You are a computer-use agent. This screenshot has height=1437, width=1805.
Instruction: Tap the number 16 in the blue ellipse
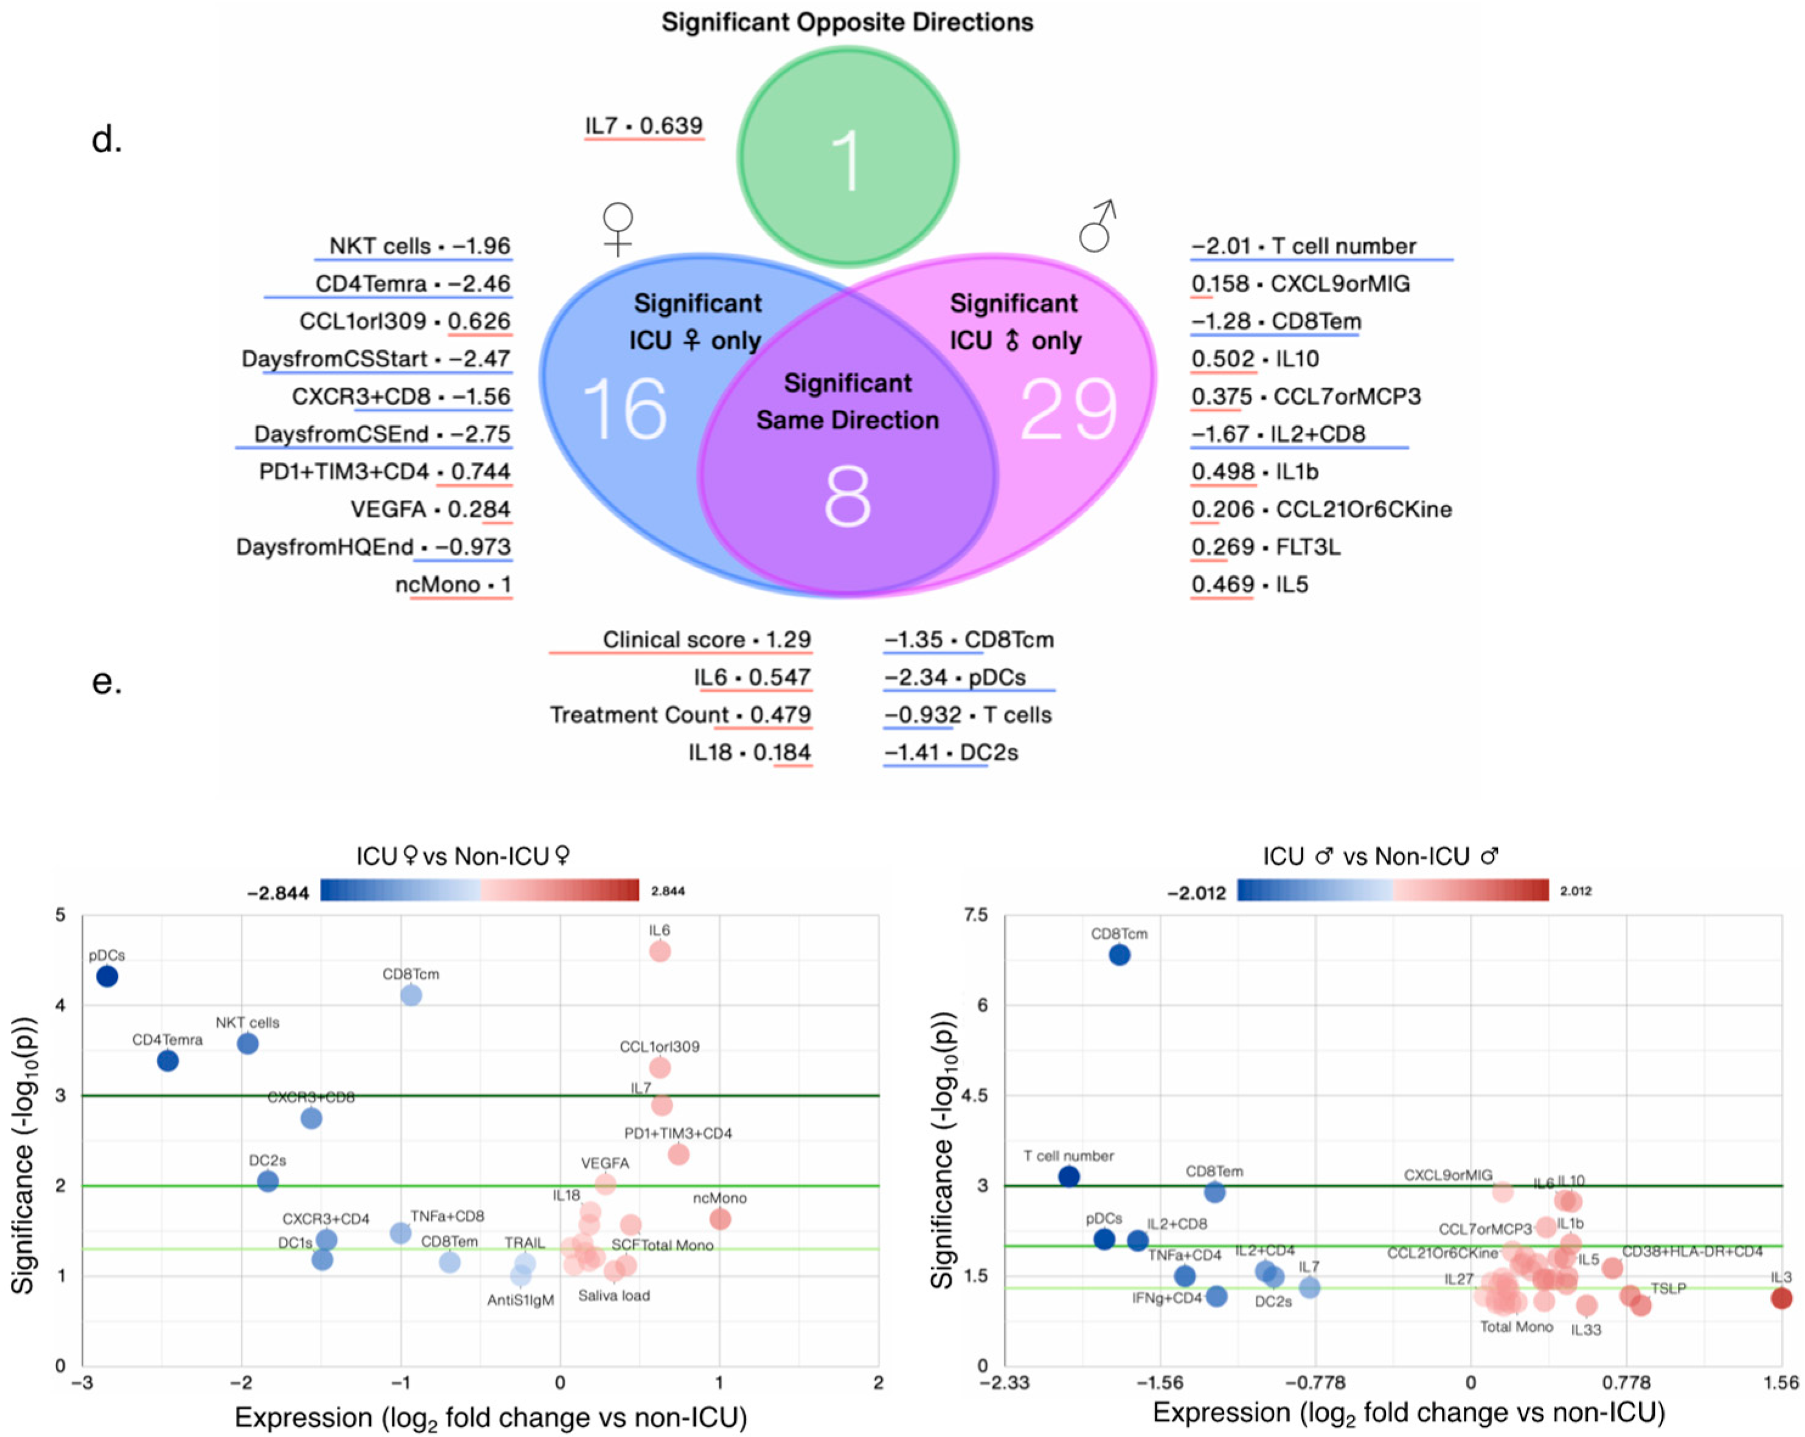pyautogui.click(x=624, y=409)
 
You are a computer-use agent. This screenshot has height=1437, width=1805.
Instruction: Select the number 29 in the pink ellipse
pyautogui.click(x=1069, y=409)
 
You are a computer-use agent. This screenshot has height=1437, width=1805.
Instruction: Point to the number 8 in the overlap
pyautogui.click(x=847, y=497)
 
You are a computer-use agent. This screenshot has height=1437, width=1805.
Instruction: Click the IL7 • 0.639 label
pyautogui.click(x=643, y=125)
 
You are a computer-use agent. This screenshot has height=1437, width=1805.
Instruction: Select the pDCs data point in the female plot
pyautogui.click(x=107, y=976)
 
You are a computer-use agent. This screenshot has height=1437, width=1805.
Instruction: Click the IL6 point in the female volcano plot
pyautogui.click(x=660, y=950)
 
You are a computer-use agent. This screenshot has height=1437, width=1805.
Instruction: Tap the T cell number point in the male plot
pyautogui.click(x=1069, y=1176)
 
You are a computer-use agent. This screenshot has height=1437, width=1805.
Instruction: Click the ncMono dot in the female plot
pyautogui.click(x=720, y=1219)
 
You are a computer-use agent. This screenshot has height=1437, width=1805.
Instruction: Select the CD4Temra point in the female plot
pyautogui.click(x=167, y=1061)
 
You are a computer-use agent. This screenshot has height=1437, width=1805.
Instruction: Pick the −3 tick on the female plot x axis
pyautogui.click(x=82, y=1383)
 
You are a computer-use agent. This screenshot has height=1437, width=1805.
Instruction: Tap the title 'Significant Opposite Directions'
pyautogui.click(x=847, y=22)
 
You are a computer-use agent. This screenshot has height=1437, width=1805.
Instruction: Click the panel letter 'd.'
pyautogui.click(x=106, y=140)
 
